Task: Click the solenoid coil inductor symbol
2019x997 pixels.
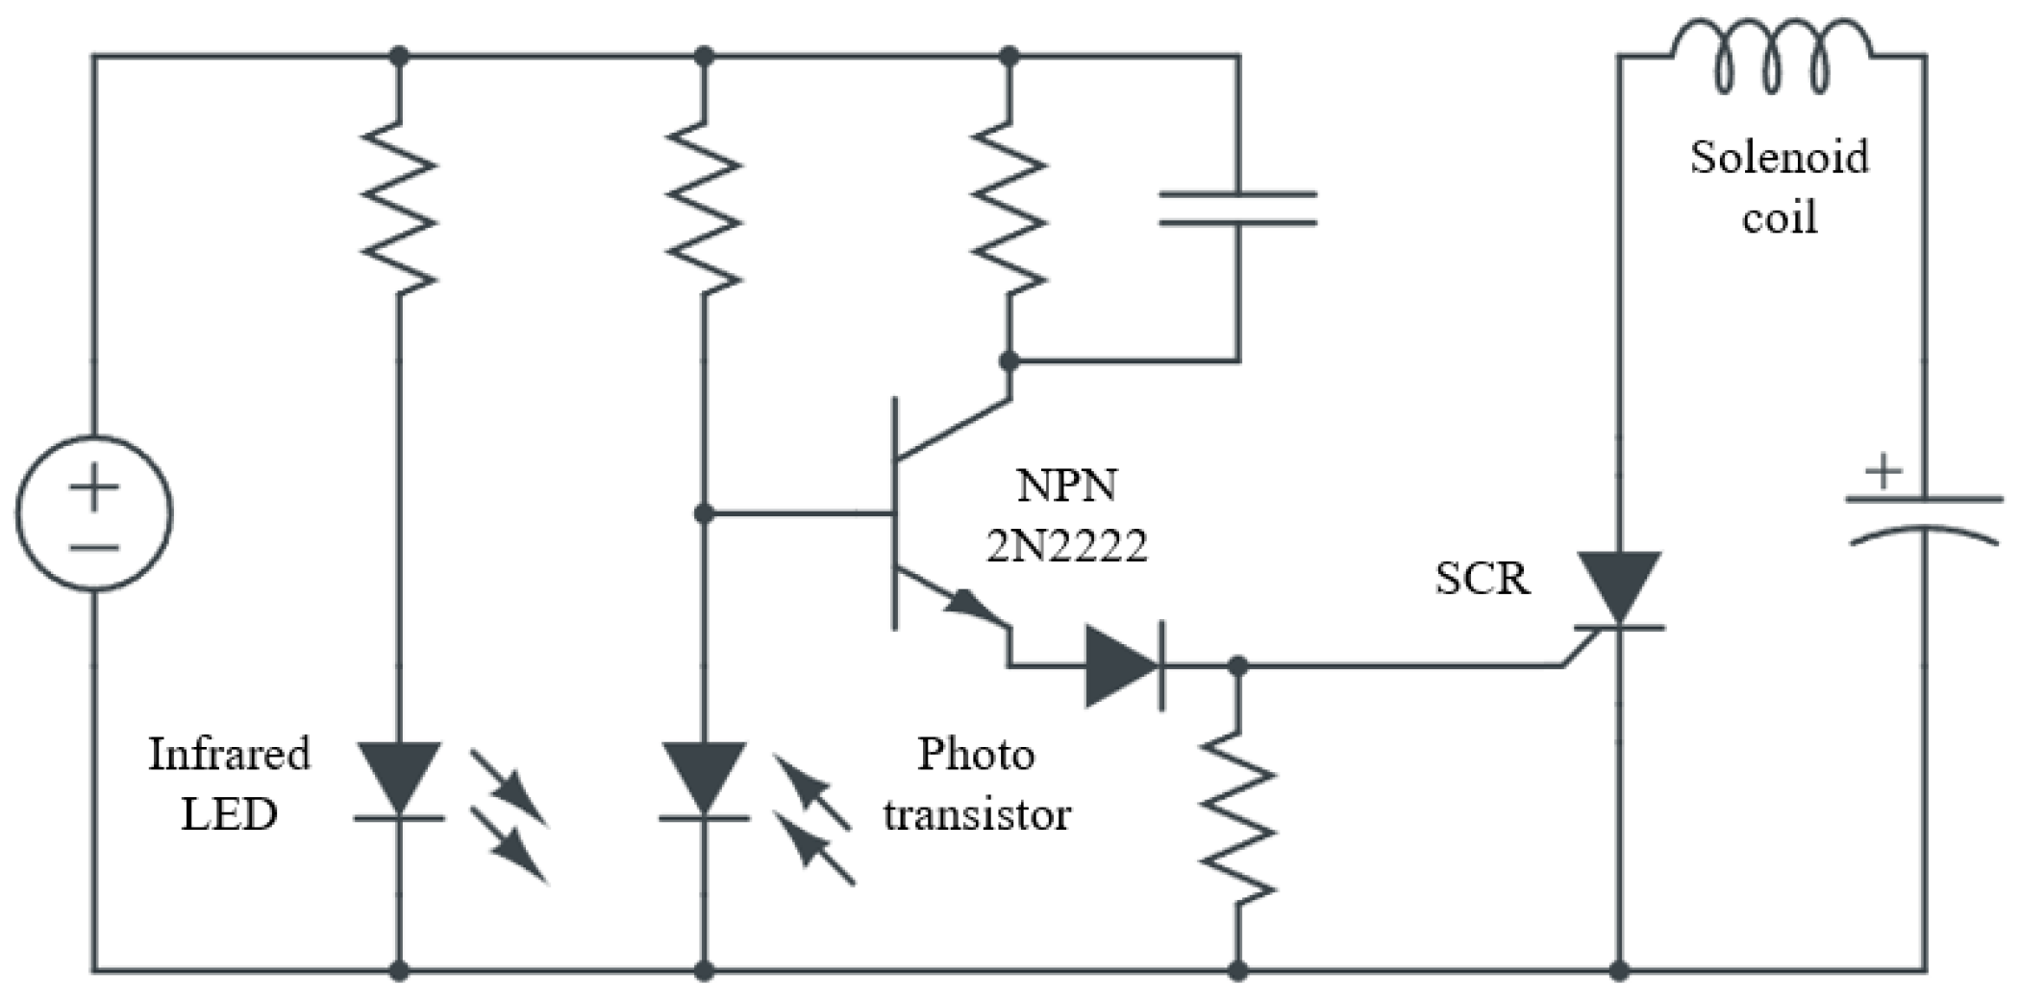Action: click(1772, 60)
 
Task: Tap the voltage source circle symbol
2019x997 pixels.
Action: click(93, 514)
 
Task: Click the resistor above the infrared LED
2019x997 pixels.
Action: click(399, 207)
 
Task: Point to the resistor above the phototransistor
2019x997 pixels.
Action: click(704, 207)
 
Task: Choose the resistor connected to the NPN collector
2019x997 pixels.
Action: click(1009, 207)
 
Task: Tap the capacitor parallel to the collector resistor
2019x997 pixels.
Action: click(1238, 209)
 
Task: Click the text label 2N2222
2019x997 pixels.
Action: click(1067, 546)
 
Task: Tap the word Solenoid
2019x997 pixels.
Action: click(1780, 157)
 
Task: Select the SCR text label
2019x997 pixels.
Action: click(1482, 579)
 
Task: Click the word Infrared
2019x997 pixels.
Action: click(229, 754)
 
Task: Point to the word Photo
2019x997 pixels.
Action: click(976, 754)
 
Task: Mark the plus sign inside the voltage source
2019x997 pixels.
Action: click(93, 488)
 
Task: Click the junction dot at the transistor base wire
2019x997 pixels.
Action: click(704, 514)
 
